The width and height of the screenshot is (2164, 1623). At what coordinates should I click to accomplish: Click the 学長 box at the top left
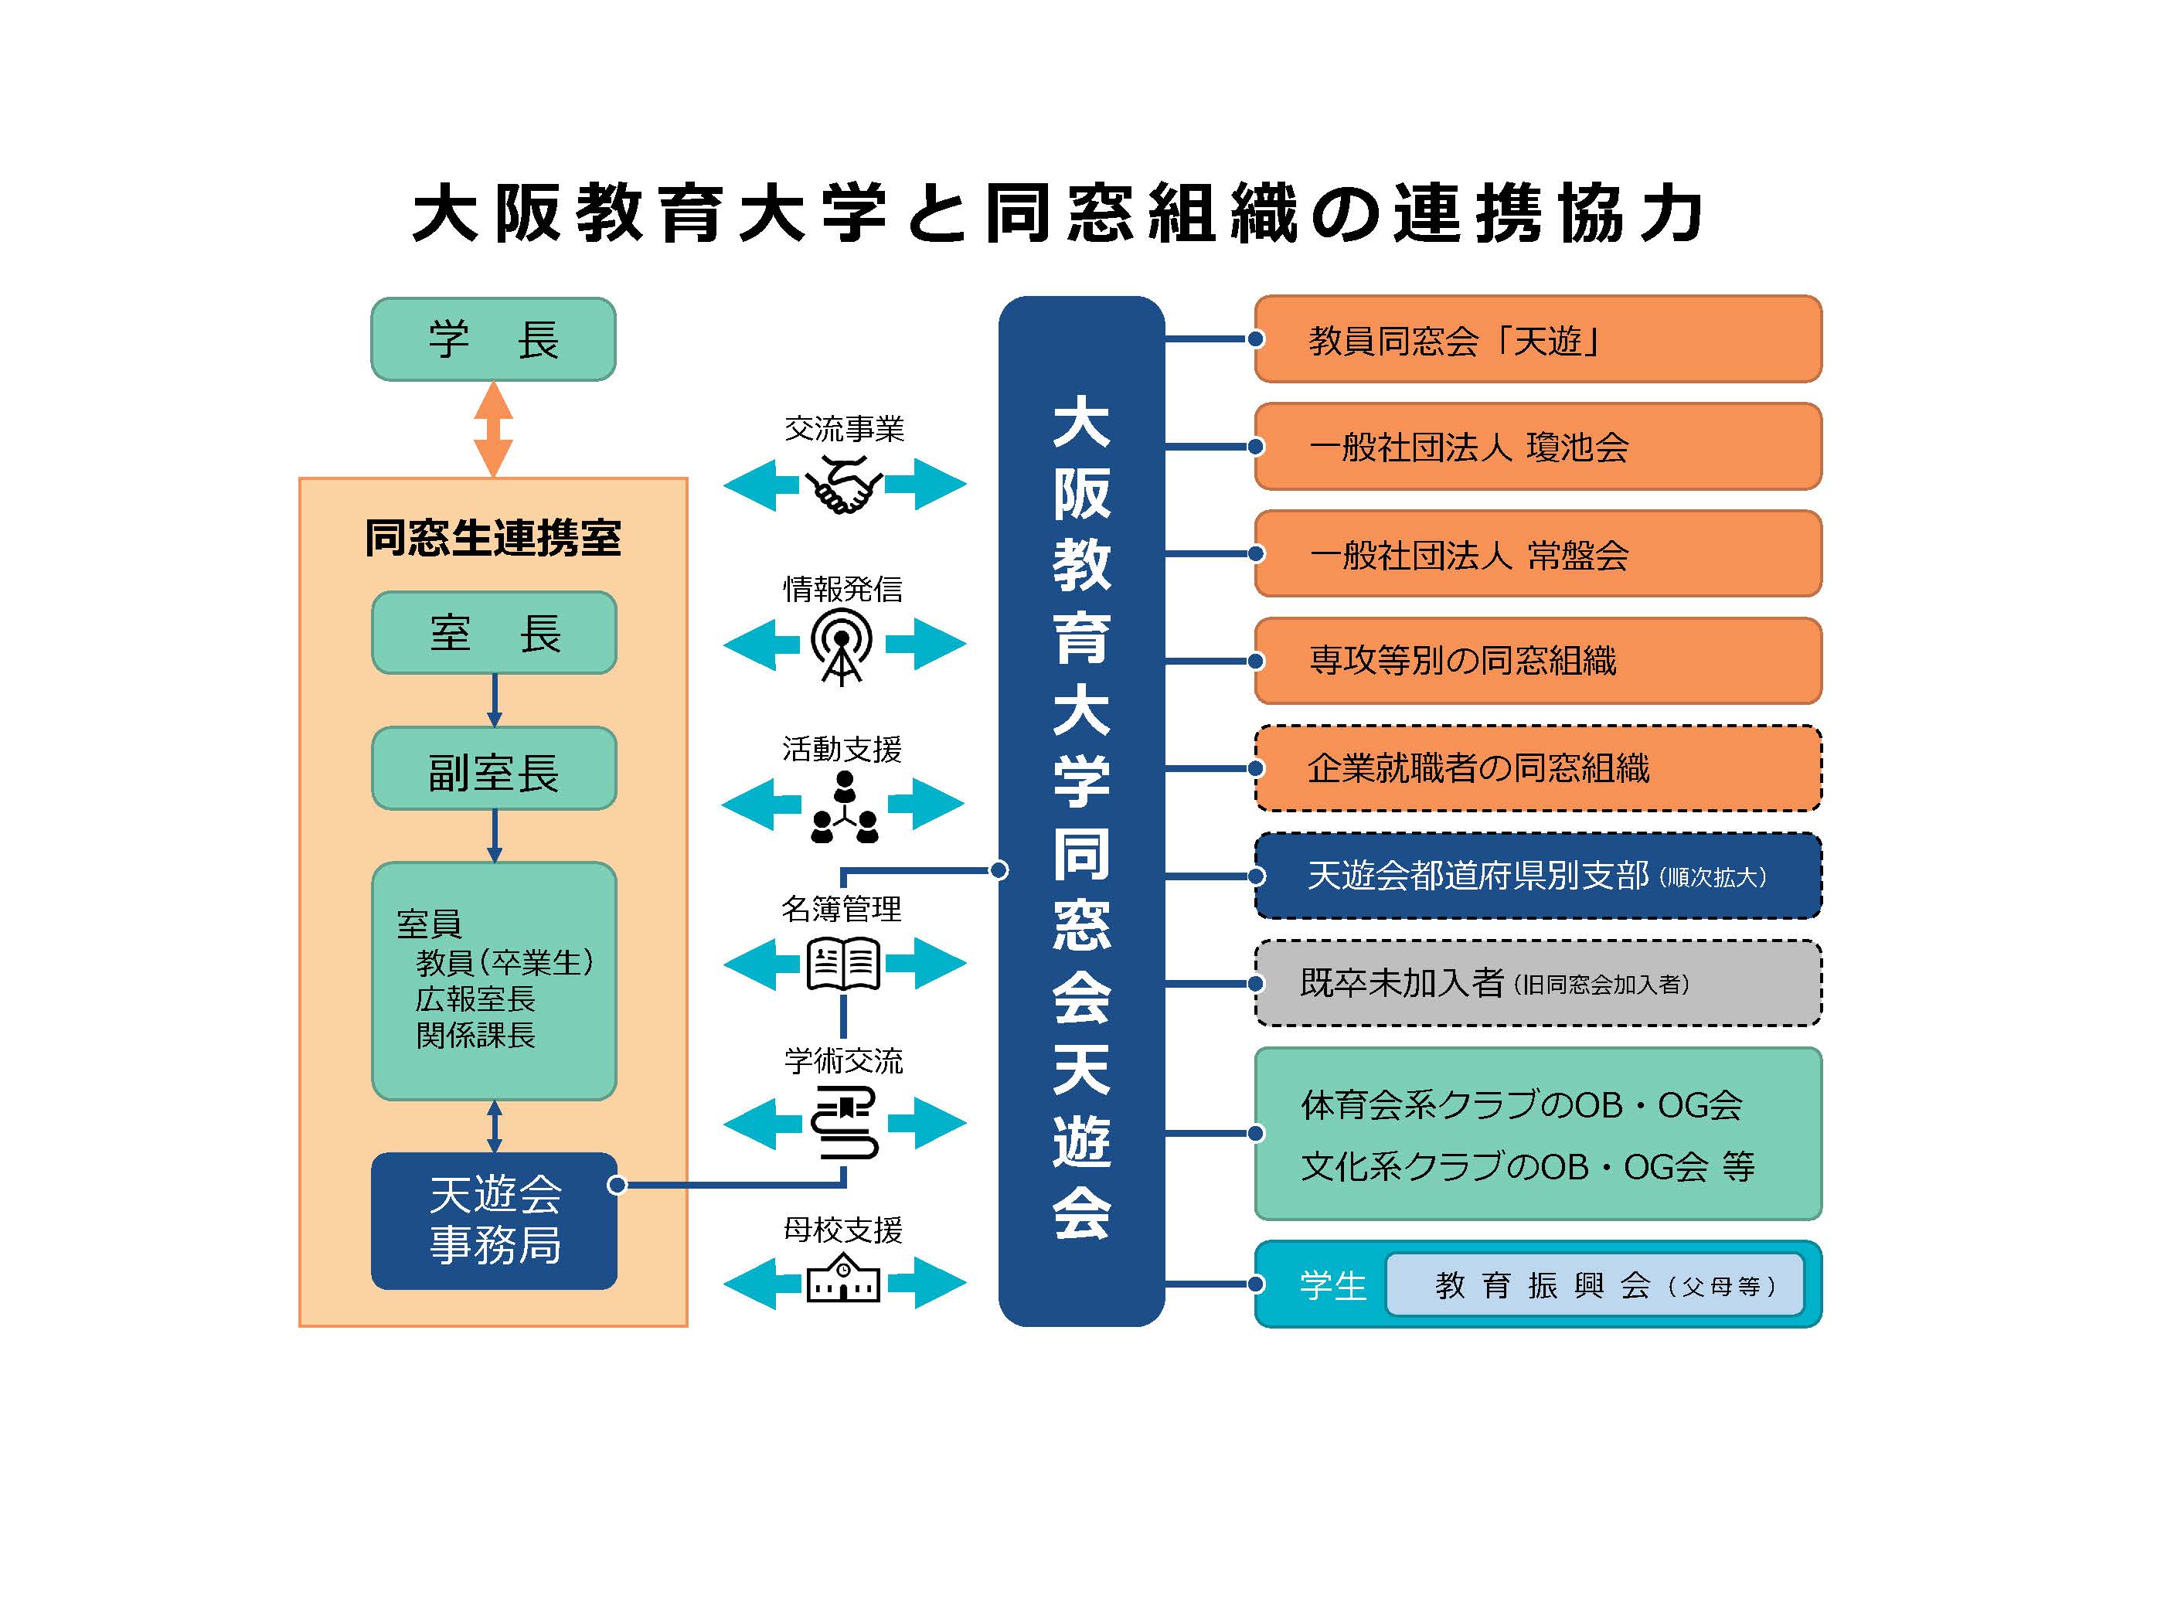(493, 339)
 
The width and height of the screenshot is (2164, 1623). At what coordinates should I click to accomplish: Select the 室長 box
(494, 633)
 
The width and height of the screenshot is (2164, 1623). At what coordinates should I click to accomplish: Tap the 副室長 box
(494, 769)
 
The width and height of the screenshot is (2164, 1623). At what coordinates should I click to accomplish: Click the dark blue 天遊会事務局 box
(494, 1221)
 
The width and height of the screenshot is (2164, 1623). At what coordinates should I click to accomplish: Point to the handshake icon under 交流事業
(843, 485)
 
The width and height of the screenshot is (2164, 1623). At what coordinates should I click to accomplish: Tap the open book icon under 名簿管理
(843, 965)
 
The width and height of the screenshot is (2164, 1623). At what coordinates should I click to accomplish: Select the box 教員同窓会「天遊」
(1538, 339)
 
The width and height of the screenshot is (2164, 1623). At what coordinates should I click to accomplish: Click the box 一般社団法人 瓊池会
(1538, 447)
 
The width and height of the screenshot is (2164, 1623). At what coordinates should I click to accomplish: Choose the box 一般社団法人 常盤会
(1538, 553)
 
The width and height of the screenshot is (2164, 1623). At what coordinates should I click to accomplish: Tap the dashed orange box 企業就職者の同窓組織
(1538, 769)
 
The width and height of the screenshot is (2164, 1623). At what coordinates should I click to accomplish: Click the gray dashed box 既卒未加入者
(1538, 983)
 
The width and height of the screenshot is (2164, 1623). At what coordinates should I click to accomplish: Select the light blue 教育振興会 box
(1594, 1284)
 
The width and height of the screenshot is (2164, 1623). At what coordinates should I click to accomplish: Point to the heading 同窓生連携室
(493, 538)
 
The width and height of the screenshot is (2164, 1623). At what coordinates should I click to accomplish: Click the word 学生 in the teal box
(1332, 1285)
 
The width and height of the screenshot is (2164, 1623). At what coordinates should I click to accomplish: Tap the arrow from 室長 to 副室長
(494, 700)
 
